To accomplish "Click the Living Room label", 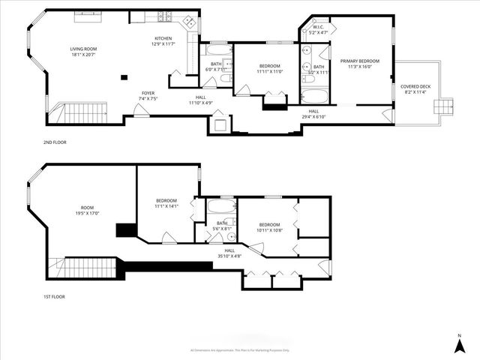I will click(x=83, y=52).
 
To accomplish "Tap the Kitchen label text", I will click(x=163, y=41).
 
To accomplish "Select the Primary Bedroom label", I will click(x=359, y=64).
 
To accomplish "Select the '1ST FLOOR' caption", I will click(x=55, y=296).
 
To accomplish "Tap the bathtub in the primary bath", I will click(x=311, y=96).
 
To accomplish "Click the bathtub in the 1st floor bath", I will click(x=220, y=207).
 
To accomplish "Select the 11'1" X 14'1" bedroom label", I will click(x=166, y=203).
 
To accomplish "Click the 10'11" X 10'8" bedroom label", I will click(x=269, y=227).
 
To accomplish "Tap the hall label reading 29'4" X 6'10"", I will click(x=313, y=114).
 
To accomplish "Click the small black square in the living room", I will click(x=127, y=76).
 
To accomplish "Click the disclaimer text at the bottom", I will click(x=240, y=350).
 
